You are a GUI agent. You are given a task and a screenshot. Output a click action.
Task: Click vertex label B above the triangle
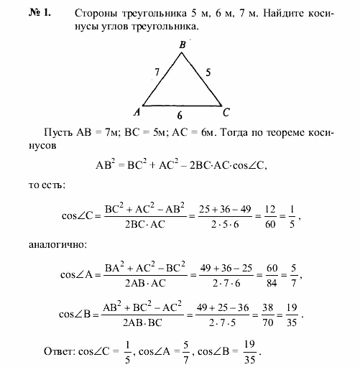click(x=183, y=45)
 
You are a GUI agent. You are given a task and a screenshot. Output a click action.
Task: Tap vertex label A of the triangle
click(x=136, y=112)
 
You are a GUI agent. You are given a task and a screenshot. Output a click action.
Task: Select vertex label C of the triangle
click(x=227, y=111)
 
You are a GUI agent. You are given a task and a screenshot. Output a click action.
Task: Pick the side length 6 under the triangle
click(x=182, y=114)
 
